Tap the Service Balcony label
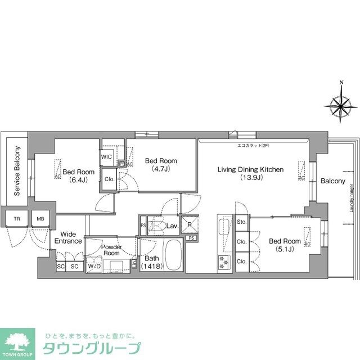[17, 171]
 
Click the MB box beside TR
[40, 220]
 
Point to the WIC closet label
[107, 157]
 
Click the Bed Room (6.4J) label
[78, 176]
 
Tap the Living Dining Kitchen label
[250, 173]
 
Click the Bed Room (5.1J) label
[284, 245]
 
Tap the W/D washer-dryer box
[94, 267]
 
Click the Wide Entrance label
[68, 237]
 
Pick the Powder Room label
[111, 250]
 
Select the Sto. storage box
[242, 222]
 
